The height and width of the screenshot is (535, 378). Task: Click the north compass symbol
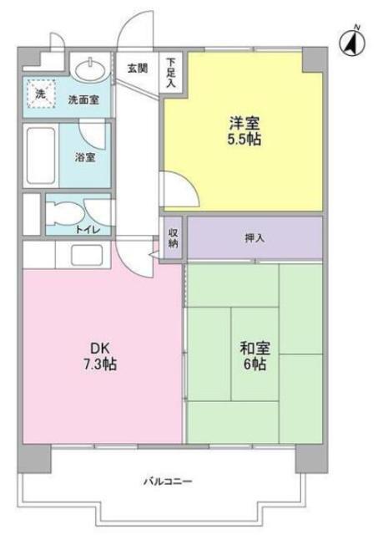click(x=352, y=43)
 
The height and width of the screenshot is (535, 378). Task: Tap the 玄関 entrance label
click(x=137, y=69)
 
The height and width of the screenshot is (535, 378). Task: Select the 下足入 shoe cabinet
click(x=171, y=72)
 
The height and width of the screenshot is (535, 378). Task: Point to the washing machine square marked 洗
click(x=41, y=94)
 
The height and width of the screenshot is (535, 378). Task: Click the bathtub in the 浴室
click(x=41, y=155)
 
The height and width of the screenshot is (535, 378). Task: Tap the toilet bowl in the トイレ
click(x=65, y=214)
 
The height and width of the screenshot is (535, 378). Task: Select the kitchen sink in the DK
click(x=87, y=255)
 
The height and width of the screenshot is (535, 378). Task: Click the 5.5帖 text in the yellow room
click(x=244, y=140)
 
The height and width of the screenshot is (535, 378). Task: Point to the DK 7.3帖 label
click(x=100, y=356)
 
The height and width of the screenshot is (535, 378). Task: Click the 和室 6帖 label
click(x=255, y=356)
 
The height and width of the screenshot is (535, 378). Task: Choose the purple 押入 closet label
click(x=255, y=238)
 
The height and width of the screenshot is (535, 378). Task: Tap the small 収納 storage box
click(x=173, y=237)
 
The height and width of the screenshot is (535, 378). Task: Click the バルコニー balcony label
click(x=168, y=481)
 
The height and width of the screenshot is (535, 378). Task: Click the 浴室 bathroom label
click(x=85, y=157)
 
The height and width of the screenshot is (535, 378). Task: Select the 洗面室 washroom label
click(x=83, y=100)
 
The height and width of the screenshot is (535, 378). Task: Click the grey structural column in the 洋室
click(x=313, y=59)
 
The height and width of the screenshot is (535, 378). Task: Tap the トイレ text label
click(x=88, y=230)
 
